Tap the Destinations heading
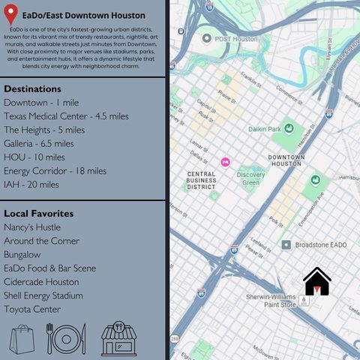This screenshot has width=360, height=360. point(32,88)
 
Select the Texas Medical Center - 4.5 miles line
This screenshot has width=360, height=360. point(55,116)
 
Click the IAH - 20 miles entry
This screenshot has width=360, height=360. point(31,184)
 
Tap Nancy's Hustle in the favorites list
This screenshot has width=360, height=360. point(32,227)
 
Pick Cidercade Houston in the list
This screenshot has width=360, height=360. point(41,282)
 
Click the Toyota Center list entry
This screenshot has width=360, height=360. point(32,309)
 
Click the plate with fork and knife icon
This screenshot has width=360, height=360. point(67,339)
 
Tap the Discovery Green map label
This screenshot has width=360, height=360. point(250,178)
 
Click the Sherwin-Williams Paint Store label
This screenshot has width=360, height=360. point(271,300)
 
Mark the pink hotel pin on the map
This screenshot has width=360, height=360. point(225,162)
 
